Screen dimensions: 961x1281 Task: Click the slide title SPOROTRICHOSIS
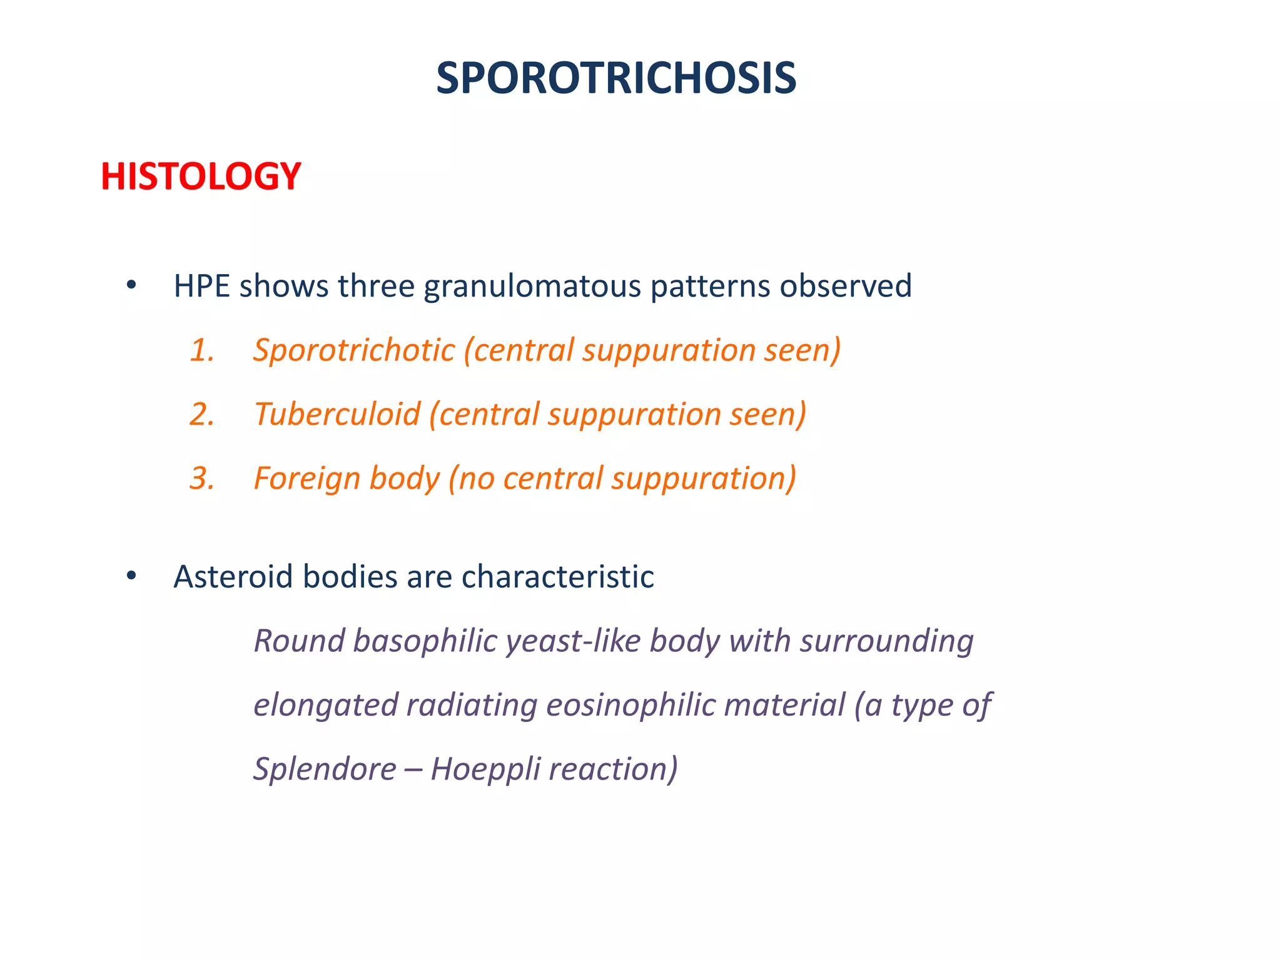[x=616, y=79]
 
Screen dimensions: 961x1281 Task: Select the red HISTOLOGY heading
[x=201, y=176]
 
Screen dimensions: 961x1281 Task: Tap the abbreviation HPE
[x=201, y=287]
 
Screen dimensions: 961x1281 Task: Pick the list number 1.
[x=201, y=350]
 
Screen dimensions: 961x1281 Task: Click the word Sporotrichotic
[x=354, y=350]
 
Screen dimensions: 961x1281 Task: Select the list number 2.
[x=201, y=415]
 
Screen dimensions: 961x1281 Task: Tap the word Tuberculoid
[x=337, y=415]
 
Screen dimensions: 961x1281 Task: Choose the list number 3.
[x=201, y=479]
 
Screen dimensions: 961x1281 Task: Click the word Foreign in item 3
[x=306, y=479]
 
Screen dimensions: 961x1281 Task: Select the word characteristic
[x=557, y=577]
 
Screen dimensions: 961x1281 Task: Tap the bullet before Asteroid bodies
[x=131, y=576]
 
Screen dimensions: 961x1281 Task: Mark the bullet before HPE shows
[x=131, y=286]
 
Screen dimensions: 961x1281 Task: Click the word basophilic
[x=425, y=642]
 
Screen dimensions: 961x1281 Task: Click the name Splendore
[x=325, y=770]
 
